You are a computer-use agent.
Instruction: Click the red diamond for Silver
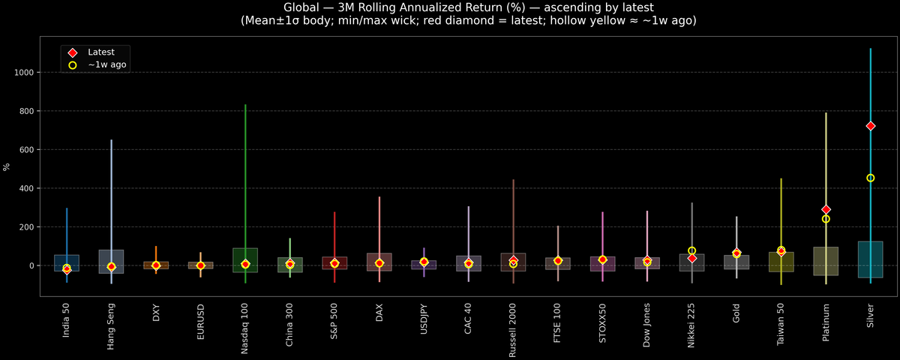coord(870,126)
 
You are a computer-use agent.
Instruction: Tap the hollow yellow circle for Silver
coord(870,178)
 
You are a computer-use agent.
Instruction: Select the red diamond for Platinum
coord(826,209)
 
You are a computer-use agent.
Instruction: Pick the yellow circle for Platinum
coord(826,219)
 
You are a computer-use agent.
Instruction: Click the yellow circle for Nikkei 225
coord(691,250)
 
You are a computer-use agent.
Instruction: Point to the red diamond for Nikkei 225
coord(691,258)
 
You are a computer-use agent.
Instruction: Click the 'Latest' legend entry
coord(100,52)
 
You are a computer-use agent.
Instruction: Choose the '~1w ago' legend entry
coord(106,65)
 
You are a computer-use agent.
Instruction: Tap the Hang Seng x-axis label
coord(111,326)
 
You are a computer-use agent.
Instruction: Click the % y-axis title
coord(7,166)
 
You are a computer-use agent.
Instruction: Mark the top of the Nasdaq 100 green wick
coord(245,105)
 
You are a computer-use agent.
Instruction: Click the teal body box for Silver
coord(870,259)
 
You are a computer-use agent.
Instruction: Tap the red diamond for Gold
coord(736,253)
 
